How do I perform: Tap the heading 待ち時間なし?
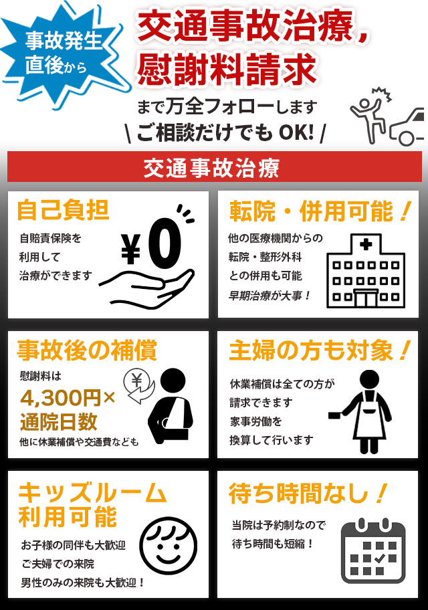[308, 494]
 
